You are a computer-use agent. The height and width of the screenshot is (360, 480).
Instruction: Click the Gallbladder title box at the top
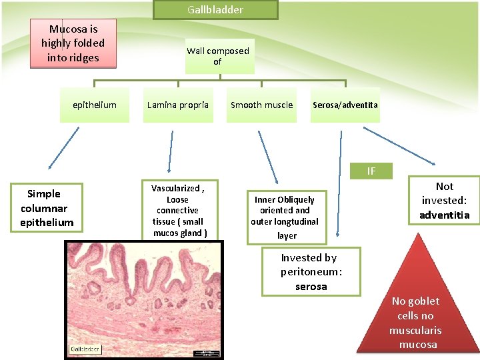[x=215, y=10]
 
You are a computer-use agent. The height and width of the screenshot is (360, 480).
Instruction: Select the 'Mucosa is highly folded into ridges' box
[x=73, y=43]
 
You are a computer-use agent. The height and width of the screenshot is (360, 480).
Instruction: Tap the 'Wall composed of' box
[x=217, y=56]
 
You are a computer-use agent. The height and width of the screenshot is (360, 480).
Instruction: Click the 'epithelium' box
[x=94, y=105]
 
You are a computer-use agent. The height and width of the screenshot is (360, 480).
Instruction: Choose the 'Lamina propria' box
[x=177, y=105]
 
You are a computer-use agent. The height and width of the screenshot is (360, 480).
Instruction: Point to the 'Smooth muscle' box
[x=261, y=105]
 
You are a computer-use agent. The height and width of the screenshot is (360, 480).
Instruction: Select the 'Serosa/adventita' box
[x=345, y=105]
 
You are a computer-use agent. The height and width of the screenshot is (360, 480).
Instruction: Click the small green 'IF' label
[x=371, y=171]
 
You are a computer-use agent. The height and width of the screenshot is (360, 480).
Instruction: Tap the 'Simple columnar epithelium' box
[x=47, y=208]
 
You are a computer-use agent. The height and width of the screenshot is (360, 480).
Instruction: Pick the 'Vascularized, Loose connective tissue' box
[x=178, y=211]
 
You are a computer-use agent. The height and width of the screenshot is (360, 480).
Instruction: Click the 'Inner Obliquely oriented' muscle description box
[x=285, y=217]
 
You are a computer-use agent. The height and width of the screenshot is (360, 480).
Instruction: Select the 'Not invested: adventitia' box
[x=444, y=201]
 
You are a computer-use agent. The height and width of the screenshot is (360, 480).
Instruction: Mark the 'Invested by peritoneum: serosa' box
[x=311, y=271]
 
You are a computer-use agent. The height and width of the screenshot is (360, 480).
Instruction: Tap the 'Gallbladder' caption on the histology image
[x=85, y=349]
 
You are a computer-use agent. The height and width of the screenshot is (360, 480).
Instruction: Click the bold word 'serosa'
[x=311, y=287]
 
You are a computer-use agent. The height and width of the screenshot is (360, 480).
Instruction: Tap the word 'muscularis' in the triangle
[x=415, y=330]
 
